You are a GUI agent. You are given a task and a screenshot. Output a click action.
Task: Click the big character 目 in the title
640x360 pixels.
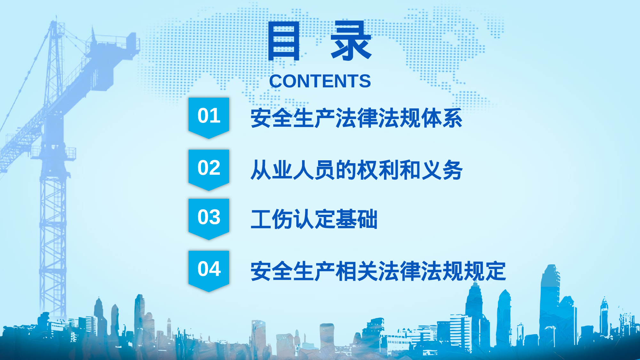coord(284,41)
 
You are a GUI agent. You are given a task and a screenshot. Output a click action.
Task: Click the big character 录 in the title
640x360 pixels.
coord(351,41)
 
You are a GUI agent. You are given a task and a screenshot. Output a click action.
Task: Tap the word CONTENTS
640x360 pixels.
coord(320,81)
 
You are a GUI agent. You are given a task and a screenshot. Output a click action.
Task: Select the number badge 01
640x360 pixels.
coord(209,116)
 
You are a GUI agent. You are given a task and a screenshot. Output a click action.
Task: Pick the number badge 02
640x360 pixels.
coord(209,168)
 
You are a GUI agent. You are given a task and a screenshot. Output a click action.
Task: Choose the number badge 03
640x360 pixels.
coord(209,217)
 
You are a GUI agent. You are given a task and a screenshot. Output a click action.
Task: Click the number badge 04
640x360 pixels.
coord(209,269)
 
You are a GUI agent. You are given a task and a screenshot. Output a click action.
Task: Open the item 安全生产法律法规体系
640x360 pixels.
coord(356,118)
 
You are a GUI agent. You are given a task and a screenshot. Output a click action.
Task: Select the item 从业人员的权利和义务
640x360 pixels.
coord(356,170)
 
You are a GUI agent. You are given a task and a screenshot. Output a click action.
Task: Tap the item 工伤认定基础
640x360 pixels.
coord(314,220)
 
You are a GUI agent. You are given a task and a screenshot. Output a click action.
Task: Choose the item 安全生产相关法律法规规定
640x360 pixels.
coord(378,271)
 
